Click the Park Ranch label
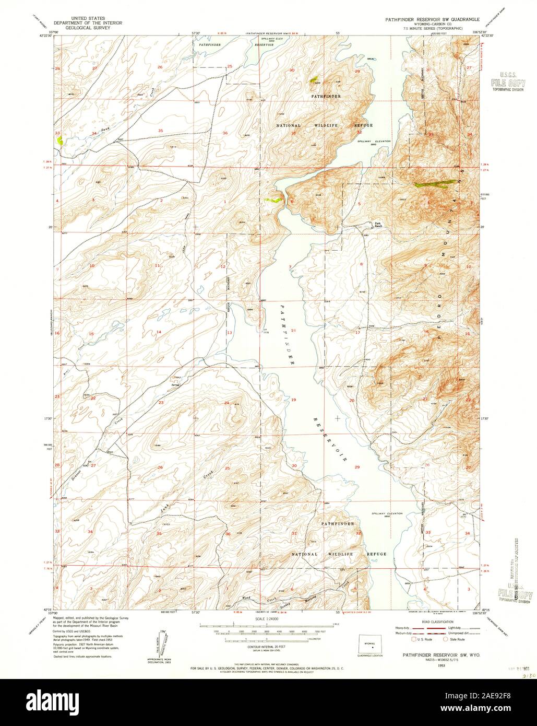pyautogui.click(x=378, y=225)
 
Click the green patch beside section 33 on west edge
pyautogui.click(x=60, y=140)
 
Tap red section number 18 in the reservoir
pyautogui.click(x=293, y=331)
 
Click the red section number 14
pyautogui.click(x=159, y=332)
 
